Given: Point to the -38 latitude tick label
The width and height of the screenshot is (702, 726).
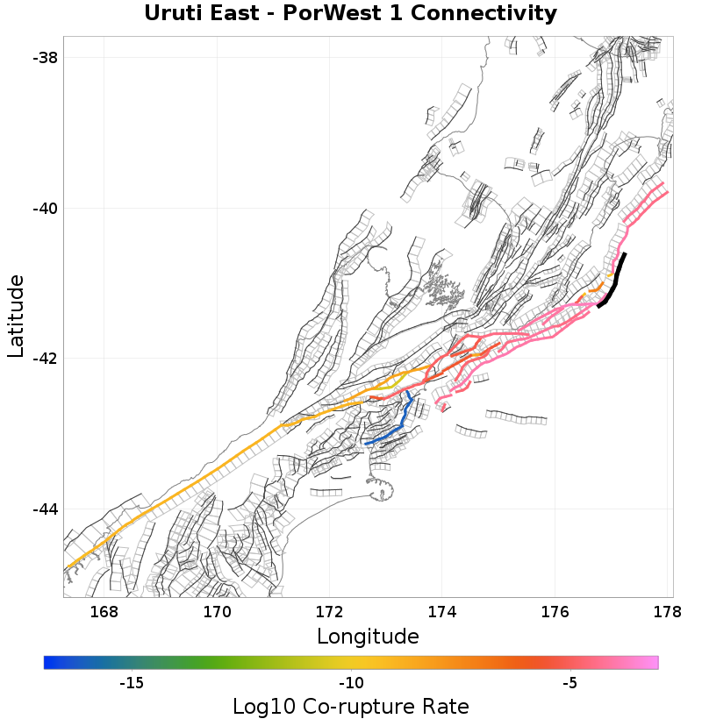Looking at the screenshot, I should coord(44,58).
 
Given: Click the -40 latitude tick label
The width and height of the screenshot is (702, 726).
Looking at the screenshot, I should coord(44,209).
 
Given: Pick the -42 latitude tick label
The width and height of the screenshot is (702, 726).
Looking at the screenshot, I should coord(44,359).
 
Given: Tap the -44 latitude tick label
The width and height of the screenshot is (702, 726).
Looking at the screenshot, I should coord(44,509).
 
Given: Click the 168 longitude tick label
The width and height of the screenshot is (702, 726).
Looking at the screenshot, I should coord(104,612).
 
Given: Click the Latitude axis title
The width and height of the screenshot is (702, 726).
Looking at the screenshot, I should coord(16,316).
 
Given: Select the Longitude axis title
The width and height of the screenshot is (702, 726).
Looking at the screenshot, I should coord(368,636).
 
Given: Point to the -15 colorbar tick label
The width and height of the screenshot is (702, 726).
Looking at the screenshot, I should coord(131,683).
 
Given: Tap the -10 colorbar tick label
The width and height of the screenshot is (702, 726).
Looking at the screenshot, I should coord(351,683).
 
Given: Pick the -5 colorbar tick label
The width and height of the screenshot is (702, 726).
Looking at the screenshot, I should coord(569,683).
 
